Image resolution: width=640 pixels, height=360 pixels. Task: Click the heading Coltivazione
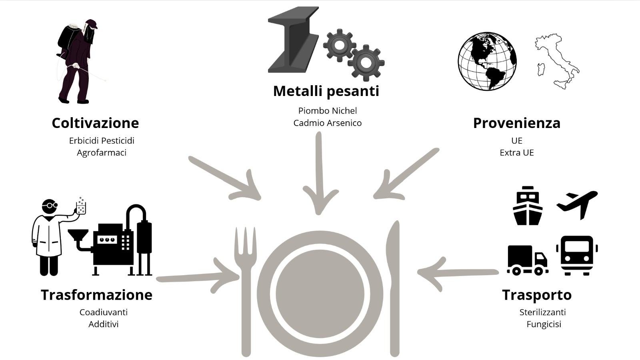(x=95, y=123)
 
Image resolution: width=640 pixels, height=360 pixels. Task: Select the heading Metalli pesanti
(x=326, y=91)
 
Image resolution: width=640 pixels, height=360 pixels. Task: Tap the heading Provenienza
(x=516, y=123)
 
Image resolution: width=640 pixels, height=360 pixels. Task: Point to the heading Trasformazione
(x=96, y=295)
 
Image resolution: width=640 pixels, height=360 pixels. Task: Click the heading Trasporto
(x=536, y=295)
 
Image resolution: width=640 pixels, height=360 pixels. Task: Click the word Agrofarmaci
(x=102, y=152)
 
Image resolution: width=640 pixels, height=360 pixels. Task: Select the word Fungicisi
(x=544, y=324)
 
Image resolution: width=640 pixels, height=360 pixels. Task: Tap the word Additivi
(x=103, y=324)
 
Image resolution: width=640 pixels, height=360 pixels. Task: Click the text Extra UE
(x=516, y=152)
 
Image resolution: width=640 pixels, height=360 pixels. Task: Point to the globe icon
(x=487, y=61)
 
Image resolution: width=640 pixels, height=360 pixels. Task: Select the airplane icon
(x=577, y=204)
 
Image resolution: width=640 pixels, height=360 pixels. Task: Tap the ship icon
(x=528, y=206)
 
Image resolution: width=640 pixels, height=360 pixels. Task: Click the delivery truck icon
(x=527, y=260)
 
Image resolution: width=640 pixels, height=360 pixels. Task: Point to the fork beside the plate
(x=246, y=288)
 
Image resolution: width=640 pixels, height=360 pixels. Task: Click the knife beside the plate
(x=394, y=288)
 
